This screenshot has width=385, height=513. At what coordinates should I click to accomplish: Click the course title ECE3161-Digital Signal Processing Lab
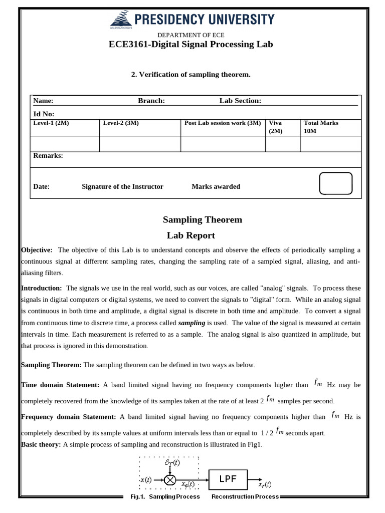coord(190,44)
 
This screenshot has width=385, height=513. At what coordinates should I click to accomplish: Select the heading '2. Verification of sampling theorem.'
coord(190,74)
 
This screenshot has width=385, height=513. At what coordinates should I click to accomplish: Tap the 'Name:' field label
coord(43,101)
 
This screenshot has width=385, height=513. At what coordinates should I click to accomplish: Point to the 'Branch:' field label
coord(151,101)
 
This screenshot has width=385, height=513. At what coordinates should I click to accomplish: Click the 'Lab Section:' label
coord(240,101)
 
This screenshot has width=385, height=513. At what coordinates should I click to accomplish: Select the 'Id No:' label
coord(44,114)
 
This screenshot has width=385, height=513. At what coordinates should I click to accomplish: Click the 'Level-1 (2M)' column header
coord(51,123)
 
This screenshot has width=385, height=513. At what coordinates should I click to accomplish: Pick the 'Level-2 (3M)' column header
coord(121,123)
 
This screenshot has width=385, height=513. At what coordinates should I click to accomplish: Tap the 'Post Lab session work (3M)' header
coord(223,123)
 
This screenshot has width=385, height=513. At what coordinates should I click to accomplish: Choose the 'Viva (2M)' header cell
coord(276,127)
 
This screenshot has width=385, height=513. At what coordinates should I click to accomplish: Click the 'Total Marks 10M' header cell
coord(321,127)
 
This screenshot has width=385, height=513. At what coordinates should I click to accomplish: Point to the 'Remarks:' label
coord(48,156)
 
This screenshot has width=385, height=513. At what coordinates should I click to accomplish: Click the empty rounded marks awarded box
coord(335,183)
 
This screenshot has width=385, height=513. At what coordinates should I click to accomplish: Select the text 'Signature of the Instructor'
coord(122,186)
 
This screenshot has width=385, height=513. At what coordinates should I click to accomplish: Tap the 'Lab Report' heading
coord(190,235)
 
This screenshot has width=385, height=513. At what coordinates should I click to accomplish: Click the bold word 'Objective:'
coord(37,250)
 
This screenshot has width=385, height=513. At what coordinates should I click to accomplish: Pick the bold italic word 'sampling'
coord(191,323)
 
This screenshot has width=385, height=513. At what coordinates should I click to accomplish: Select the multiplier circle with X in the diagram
coord(170,480)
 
